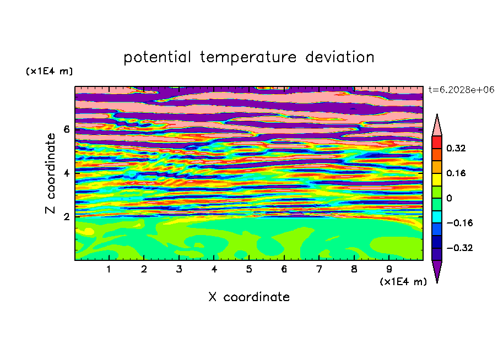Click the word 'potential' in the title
point(157,57)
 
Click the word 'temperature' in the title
point(248,57)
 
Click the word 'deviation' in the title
point(340,57)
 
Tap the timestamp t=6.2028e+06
point(461,90)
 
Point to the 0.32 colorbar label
point(456,148)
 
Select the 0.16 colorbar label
point(456,173)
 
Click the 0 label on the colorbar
point(449,198)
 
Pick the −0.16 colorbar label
point(459,223)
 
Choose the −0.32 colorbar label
point(459,248)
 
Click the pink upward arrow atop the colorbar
point(437,126)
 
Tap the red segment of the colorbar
point(437,142)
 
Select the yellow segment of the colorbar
point(437,179)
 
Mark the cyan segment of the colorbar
point(437,217)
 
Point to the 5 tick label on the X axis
point(249,269)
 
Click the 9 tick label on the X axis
point(389,269)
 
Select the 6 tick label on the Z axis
point(66,129)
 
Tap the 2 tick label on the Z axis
point(66,217)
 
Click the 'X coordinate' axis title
point(249,297)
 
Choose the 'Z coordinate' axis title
point(51,173)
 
